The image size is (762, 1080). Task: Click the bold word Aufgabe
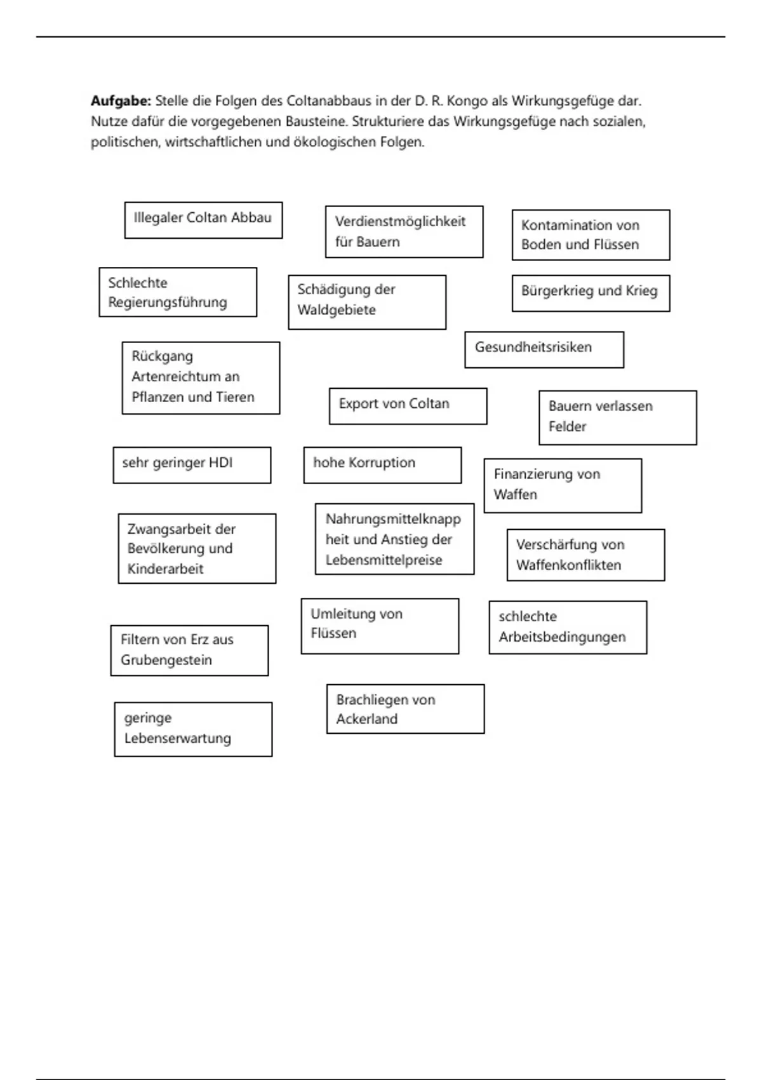(x=121, y=101)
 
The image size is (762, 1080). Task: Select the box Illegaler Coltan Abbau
(x=203, y=220)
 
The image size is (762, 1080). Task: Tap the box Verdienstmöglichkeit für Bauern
(x=404, y=231)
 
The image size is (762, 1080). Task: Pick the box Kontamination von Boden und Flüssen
(x=591, y=234)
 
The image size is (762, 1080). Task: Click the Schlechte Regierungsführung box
(x=178, y=292)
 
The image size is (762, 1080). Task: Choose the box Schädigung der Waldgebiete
(x=367, y=302)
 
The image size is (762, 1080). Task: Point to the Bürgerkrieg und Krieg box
(x=591, y=293)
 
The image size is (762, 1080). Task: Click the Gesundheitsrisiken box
(x=544, y=349)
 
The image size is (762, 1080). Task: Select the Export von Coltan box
(x=408, y=406)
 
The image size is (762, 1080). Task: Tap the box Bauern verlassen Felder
(x=617, y=417)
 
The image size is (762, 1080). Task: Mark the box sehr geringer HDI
(x=192, y=465)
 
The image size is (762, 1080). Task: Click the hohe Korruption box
(x=382, y=465)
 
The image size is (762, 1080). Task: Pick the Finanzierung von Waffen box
(x=563, y=485)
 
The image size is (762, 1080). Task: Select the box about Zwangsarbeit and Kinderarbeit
(x=197, y=548)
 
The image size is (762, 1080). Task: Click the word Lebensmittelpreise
(x=384, y=560)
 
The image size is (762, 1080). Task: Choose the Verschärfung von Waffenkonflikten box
(x=585, y=555)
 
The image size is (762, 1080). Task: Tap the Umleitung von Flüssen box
(x=380, y=626)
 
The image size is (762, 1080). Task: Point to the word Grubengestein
(x=166, y=660)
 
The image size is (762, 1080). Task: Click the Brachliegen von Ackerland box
(x=405, y=709)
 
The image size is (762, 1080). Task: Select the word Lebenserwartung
(x=178, y=739)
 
